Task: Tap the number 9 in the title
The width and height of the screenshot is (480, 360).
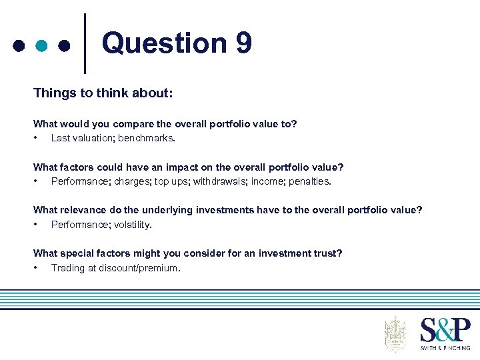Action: tap(243, 43)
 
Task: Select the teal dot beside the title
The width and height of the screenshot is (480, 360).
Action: tap(41, 46)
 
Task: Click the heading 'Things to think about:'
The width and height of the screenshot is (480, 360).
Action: tap(103, 93)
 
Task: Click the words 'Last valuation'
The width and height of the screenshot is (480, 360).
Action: tap(81, 139)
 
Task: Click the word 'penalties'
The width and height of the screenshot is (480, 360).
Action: tap(309, 181)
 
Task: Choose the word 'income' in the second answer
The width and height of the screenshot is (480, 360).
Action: tap(267, 181)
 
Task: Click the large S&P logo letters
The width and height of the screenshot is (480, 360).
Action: tap(445, 330)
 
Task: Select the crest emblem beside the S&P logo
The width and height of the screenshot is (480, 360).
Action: tap(395, 333)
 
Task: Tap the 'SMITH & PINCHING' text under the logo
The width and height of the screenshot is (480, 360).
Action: tap(445, 348)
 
